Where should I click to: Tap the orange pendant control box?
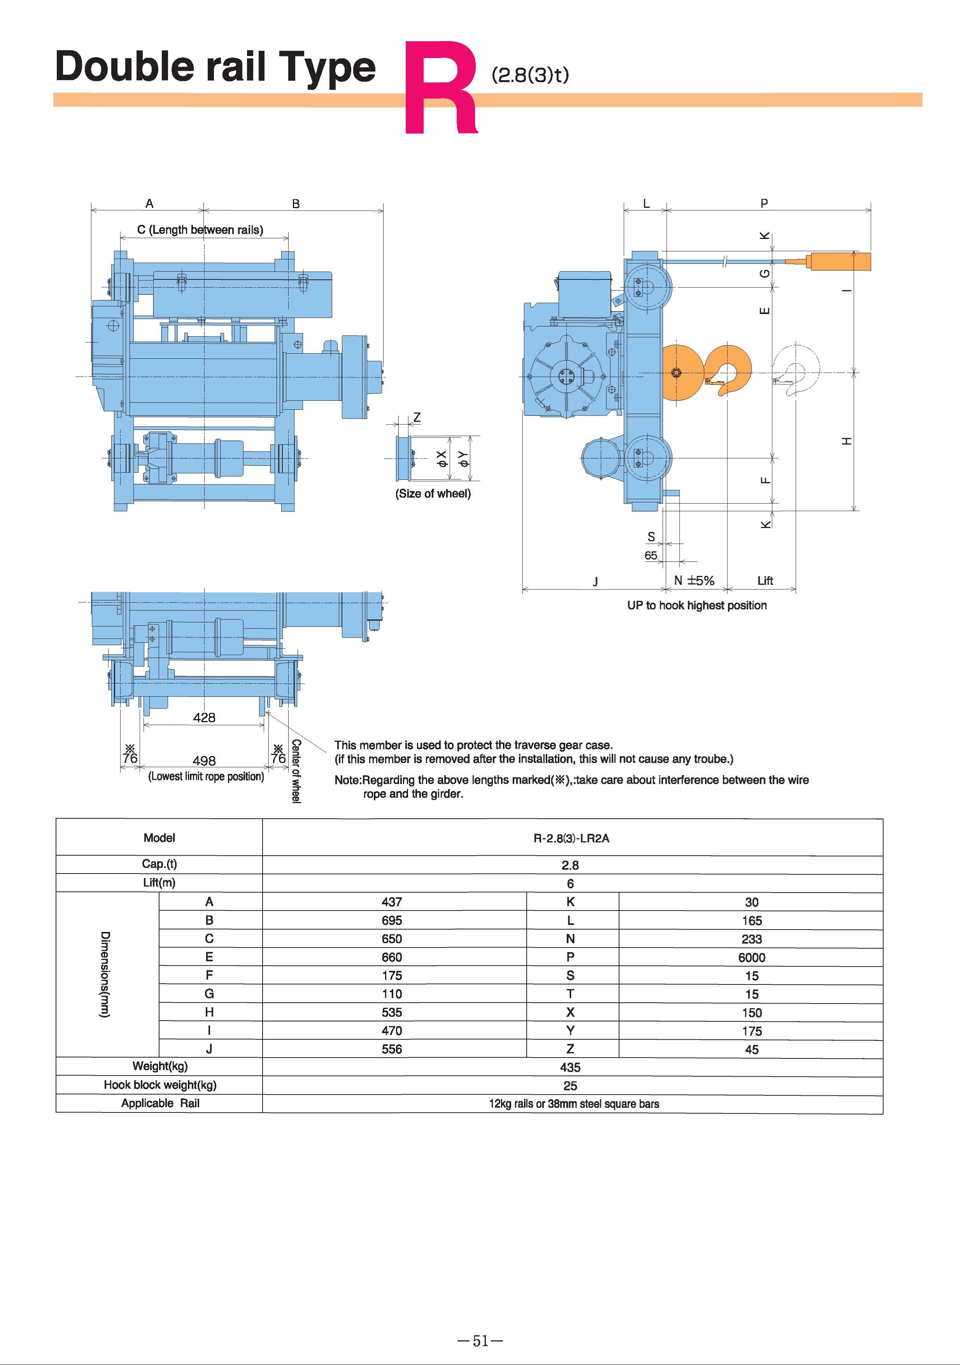(x=839, y=261)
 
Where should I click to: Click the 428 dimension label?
(x=204, y=718)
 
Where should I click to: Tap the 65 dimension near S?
(x=651, y=555)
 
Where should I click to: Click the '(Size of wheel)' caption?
(x=433, y=493)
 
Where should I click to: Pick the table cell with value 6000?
(x=752, y=957)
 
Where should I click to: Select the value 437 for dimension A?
(x=392, y=902)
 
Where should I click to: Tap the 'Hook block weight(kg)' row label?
(x=160, y=1085)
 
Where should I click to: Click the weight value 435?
(x=570, y=1067)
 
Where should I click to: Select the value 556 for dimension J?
(x=392, y=1049)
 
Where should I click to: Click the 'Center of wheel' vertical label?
(x=296, y=771)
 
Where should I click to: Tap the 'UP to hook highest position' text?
(x=697, y=605)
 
